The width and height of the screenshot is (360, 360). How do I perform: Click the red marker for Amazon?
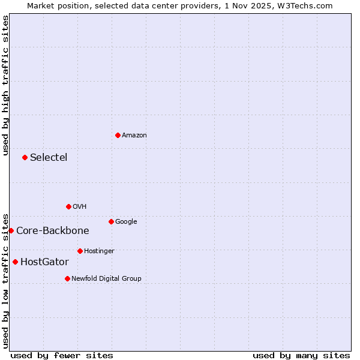click(118, 135)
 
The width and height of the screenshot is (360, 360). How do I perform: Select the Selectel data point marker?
click(25, 157)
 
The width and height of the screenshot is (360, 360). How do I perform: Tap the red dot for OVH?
click(68, 206)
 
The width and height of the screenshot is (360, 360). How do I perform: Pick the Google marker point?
click(111, 221)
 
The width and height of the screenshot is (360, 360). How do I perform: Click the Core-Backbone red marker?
click(11, 230)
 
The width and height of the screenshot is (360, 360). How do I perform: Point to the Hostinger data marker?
click(80, 251)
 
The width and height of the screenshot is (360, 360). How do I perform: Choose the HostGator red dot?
click(15, 262)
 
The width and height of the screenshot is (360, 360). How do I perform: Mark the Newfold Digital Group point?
click(67, 278)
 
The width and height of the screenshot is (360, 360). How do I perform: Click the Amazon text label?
click(134, 136)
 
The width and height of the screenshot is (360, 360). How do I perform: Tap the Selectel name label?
click(49, 158)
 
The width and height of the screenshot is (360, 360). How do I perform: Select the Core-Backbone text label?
click(53, 231)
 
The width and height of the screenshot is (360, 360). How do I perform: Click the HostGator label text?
click(44, 262)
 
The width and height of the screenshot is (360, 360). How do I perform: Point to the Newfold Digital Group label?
click(106, 278)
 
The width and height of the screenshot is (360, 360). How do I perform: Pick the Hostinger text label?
click(99, 251)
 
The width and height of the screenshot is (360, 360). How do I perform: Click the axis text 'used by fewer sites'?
click(62, 355)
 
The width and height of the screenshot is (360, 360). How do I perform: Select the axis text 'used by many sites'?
click(301, 355)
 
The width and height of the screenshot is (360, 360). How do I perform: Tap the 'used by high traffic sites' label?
click(5, 85)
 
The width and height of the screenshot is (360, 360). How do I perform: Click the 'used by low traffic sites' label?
click(5, 280)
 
